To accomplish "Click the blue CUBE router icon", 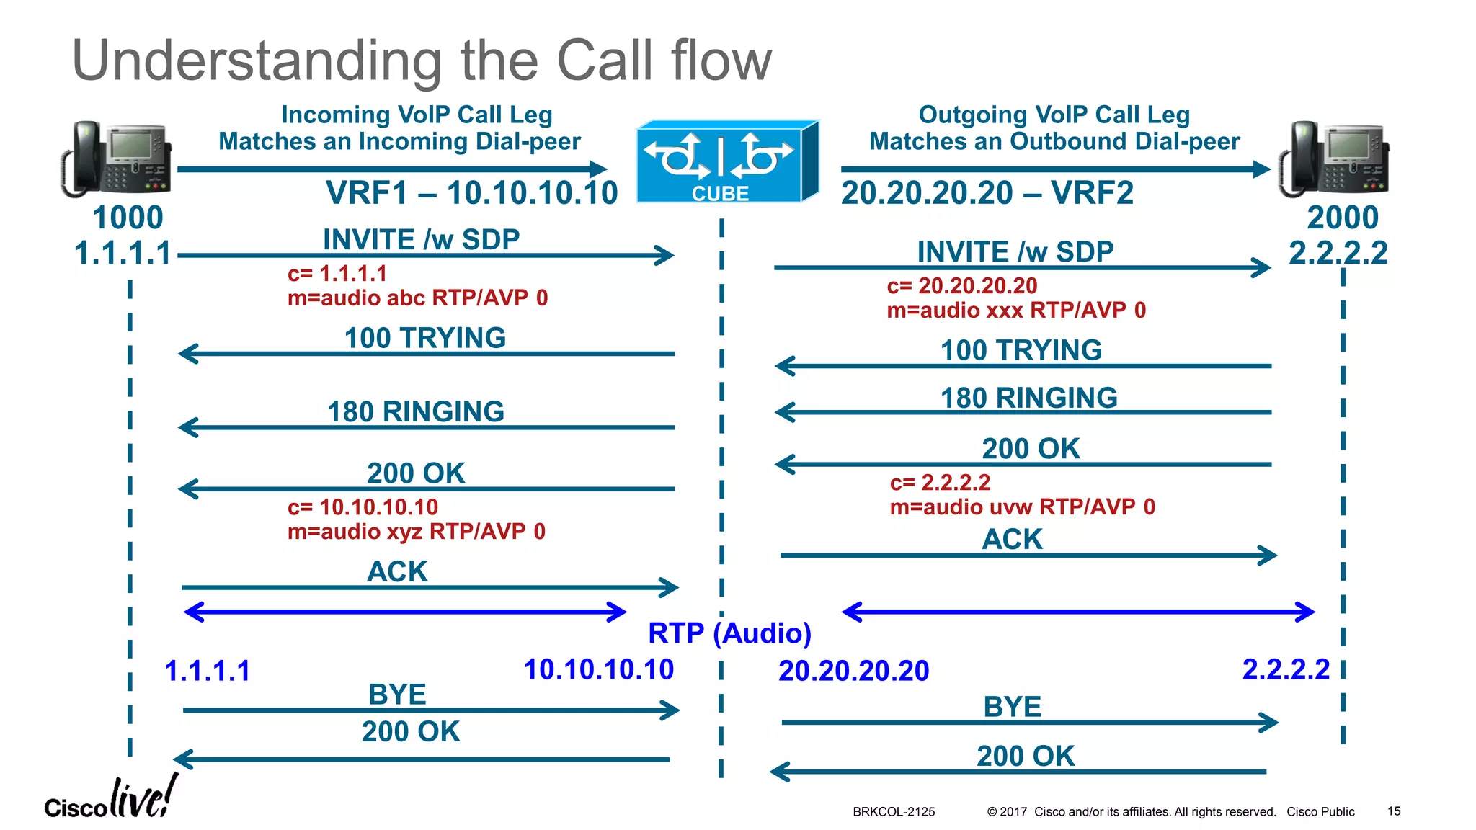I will pyautogui.click(x=726, y=162).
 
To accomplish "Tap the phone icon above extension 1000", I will pyautogui.click(x=117, y=159).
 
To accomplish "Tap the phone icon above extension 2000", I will pyautogui.click(x=1334, y=159).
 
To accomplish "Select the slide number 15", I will pyautogui.click(x=1394, y=811).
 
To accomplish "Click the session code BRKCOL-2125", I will pyautogui.click(x=894, y=812).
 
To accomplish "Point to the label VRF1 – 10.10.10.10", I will pyautogui.click(x=472, y=193).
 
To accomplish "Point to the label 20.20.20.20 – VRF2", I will pyautogui.click(x=987, y=193).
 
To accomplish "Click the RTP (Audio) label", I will pyautogui.click(x=729, y=633).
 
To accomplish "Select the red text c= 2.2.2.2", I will pyautogui.click(x=940, y=482).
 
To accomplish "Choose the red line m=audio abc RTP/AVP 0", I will pyautogui.click(x=417, y=298).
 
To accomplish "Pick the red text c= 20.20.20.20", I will pyautogui.click(x=961, y=286).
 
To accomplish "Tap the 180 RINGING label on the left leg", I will pyautogui.click(x=416, y=411).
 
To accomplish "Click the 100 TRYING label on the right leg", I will pyautogui.click(x=1021, y=350).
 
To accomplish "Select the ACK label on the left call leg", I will pyautogui.click(x=397, y=571).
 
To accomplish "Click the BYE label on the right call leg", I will pyautogui.click(x=1012, y=707).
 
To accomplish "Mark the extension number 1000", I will pyautogui.click(x=128, y=218).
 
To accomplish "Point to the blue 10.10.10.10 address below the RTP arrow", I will pyautogui.click(x=598, y=669).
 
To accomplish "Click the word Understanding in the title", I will pyautogui.click(x=257, y=61).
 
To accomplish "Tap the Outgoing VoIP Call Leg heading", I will pyautogui.click(x=1054, y=115).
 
